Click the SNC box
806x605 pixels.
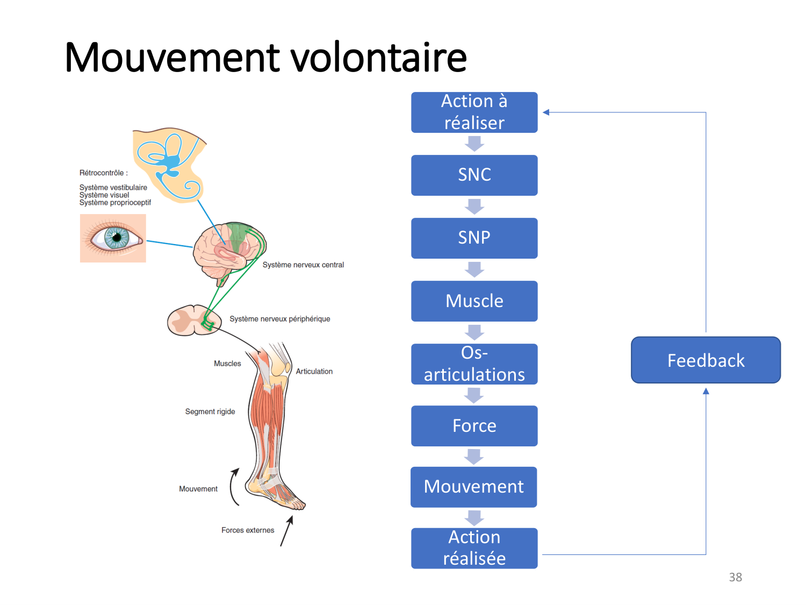tap(474, 175)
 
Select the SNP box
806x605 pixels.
tap(474, 238)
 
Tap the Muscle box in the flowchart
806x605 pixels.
tap(474, 301)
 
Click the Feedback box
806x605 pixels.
tap(706, 360)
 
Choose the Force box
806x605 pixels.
tap(474, 426)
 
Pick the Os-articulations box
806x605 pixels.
tap(474, 364)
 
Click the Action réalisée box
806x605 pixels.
tap(474, 548)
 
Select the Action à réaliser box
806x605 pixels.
tap(474, 112)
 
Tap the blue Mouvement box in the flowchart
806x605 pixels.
tap(473, 487)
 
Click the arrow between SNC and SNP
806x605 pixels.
tap(474, 207)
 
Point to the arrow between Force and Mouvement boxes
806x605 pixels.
tap(474, 457)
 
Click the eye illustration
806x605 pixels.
tap(113, 238)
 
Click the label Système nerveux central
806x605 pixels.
tap(303, 265)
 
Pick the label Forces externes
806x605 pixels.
tap(248, 530)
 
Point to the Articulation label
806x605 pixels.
tap(314, 371)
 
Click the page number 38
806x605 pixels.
tap(735, 577)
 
